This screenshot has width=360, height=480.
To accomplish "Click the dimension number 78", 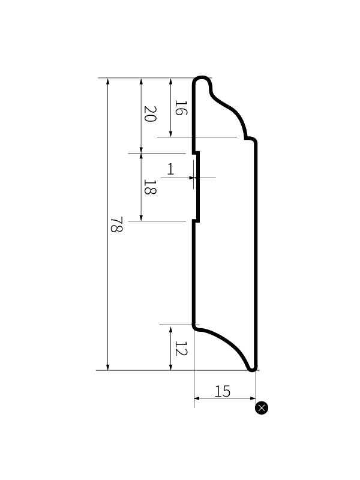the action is click(116, 224).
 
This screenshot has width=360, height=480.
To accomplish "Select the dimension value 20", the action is click(150, 114).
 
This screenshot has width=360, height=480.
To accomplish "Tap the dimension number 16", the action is click(181, 107).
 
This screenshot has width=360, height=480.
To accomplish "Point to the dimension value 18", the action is click(150, 187).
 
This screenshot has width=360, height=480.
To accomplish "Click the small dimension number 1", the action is click(170, 169).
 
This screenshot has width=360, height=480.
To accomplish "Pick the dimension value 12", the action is click(181, 349).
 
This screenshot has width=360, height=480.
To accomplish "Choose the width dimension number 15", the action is click(222, 391).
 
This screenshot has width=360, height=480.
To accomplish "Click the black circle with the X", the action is click(262, 408).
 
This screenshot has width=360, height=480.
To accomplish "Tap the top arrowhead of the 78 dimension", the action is click(108, 81).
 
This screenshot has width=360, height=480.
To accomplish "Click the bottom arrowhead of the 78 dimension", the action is click(108, 367).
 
